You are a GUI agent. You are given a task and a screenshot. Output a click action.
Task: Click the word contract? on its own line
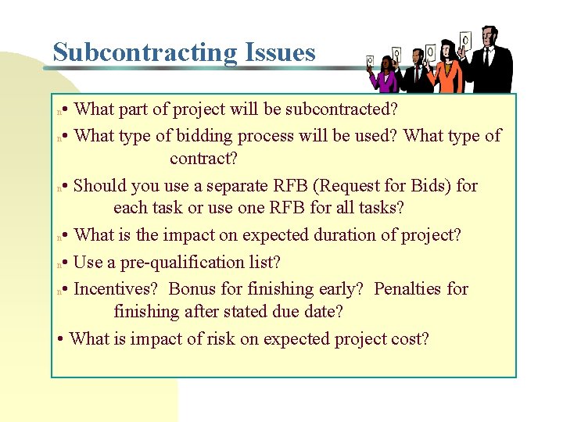204,159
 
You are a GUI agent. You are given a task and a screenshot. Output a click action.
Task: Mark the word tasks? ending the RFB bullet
379,208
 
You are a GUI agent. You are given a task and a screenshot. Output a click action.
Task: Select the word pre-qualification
185,261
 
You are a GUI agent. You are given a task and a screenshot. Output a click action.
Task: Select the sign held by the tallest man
465,39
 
